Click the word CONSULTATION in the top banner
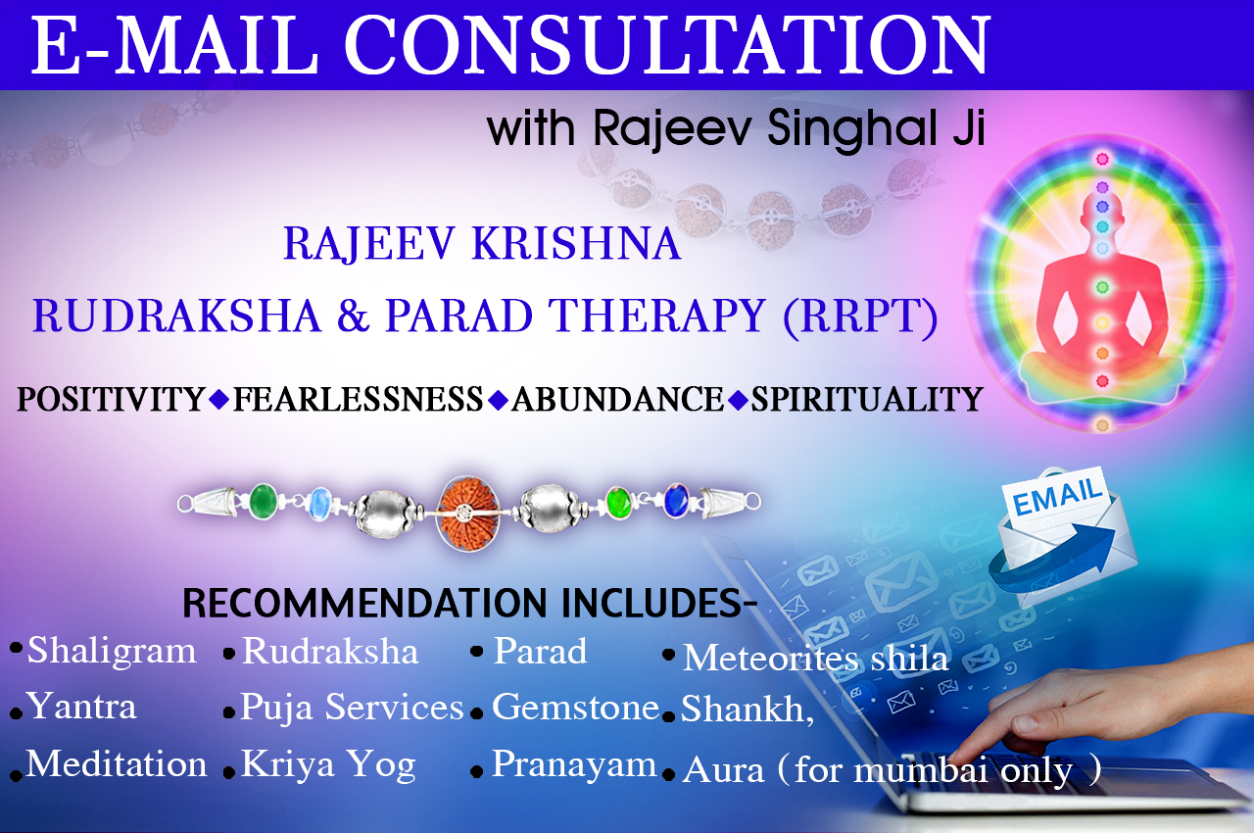[666, 45]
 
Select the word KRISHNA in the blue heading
[577, 244]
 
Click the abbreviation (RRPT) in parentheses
[860, 317]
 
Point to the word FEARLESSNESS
[358, 399]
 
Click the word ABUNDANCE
[617, 399]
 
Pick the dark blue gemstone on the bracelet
[676, 501]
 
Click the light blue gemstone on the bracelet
[320, 504]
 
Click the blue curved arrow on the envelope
[1052, 559]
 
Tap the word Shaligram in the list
[112, 651]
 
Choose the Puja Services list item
[352, 707]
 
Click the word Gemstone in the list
[575, 707]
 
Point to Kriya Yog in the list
[328, 764]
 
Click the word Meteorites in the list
[771, 658]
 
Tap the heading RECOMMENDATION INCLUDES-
[470, 604]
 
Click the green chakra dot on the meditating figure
[1102, 288]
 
